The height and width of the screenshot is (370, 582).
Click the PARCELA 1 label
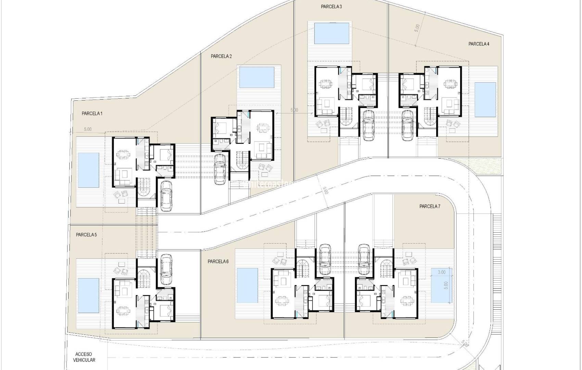(92, 113)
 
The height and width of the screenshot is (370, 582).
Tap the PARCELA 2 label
(221, 56)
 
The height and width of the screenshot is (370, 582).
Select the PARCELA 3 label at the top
(331, 7)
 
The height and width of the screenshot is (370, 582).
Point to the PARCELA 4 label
(479, 44)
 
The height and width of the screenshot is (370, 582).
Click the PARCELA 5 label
(86, 235)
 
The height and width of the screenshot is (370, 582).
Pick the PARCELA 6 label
(218, 261)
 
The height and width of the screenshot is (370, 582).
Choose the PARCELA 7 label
(430, 206)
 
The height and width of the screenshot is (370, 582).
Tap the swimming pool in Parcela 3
(332, 33)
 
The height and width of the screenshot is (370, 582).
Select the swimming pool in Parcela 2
(257, 77)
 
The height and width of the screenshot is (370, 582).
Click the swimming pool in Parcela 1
(89, 170)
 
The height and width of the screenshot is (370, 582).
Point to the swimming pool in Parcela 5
(88, 295)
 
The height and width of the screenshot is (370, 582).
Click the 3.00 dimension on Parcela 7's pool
(442, 272)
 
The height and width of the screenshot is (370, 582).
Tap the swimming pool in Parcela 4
(485, 99)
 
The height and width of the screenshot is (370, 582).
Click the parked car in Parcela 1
(166, 195)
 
